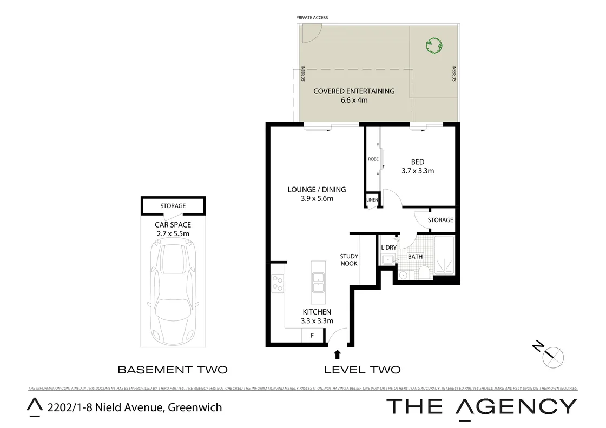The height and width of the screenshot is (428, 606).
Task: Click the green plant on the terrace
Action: click(434, 46)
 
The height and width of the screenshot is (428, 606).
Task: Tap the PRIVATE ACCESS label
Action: click(312, 18)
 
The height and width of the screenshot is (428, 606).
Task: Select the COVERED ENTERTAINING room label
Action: click(354, 95)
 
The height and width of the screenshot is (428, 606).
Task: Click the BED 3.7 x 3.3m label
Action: click(418, 166)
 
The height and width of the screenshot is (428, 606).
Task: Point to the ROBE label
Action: click(373, 159)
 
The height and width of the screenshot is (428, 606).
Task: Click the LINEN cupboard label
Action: click(372, 200)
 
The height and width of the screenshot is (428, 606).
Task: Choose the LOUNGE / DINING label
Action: click(317, 193)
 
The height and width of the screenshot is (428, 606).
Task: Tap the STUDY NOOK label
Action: click(349, 260)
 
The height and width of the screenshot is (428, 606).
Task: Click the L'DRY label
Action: click(389, 248)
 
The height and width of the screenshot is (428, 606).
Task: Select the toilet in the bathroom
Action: click(425, 273)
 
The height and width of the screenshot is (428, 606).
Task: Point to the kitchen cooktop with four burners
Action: click(278, 283)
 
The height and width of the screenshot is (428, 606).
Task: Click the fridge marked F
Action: click(312, 336)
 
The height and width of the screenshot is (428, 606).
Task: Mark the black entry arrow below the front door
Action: click(338, 354)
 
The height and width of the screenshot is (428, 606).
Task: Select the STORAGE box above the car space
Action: click(173, 206)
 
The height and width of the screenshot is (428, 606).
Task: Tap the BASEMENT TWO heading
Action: click(173, 370)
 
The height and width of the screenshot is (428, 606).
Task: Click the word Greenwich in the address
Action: click(195, 407)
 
